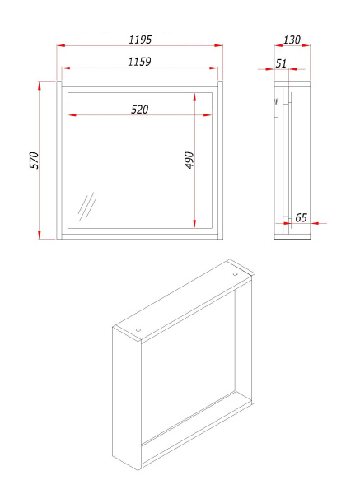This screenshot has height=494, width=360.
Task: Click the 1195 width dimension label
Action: pos(140,40)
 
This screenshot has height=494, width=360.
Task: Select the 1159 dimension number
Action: pos(139,62)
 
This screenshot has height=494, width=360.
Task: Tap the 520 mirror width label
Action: pos(140,110)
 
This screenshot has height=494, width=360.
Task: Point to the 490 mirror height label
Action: pos(189,160)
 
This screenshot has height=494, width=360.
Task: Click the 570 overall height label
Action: pos(35,161)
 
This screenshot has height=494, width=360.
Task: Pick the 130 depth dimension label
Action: pos(292,40)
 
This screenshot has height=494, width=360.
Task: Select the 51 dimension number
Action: pos(281,63)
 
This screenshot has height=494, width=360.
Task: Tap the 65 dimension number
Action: pos(301,217)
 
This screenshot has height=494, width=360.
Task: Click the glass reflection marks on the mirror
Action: pos(86,207)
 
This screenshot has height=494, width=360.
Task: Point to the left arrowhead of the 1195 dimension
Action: pos(61,45)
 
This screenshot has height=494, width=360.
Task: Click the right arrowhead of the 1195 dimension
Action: pos(219,45)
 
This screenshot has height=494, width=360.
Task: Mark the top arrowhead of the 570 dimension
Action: pos(40,86)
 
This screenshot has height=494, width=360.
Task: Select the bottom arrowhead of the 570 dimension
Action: pos(40,235)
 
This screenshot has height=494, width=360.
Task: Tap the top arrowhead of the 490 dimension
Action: pos(194,97)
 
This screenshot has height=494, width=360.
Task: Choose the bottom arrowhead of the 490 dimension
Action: pos(194,223)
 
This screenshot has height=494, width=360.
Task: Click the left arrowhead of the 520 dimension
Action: pos(72,115)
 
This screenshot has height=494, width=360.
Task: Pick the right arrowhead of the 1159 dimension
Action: pos(213,68)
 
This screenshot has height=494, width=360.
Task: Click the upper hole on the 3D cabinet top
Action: pos(235,274)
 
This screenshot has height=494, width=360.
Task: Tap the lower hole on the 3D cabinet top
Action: pos(138,330)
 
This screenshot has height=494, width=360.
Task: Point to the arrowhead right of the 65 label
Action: pos(315,223)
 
